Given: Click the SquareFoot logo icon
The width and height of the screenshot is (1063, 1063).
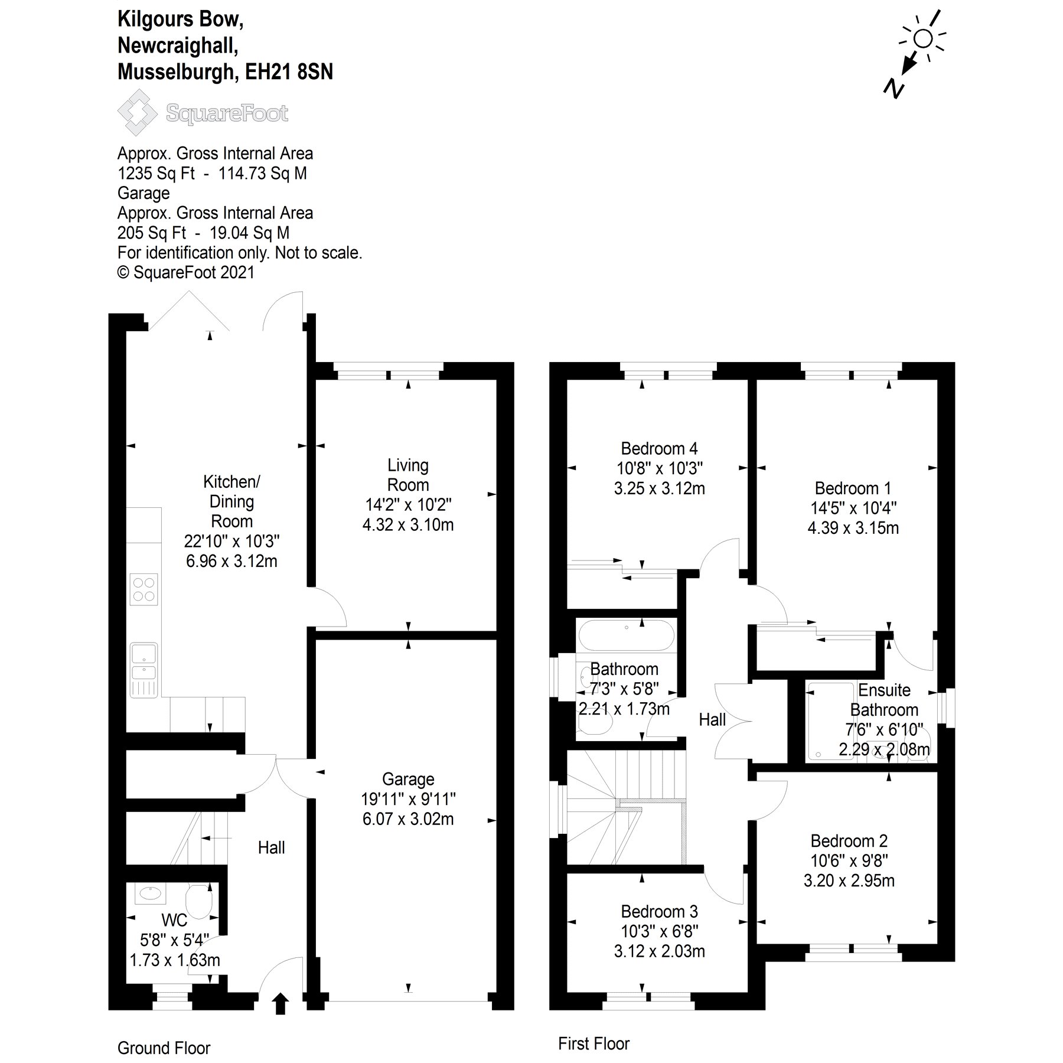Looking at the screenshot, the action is pyautogui.click(x=137, y=112).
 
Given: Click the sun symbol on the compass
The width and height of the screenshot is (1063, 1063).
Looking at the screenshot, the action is pyautogui.click(x=922, y=39).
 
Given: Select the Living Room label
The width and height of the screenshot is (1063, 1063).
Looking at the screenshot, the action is pyautogui.click(x=407, y=475).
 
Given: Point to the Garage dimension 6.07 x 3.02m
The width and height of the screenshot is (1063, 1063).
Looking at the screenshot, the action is pyautogui.click(x=408, y=819).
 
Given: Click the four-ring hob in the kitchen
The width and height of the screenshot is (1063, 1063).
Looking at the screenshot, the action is pyautogui.click(x=144, y=589).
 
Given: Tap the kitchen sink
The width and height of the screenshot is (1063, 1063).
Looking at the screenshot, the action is pyautogui.click(x=144, y=661).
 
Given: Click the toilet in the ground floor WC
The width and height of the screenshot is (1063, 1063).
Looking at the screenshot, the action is pyautogui.click(x=199, y=902).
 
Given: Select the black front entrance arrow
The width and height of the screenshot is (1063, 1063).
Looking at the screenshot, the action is pyautogui.click(x=281, y=1003).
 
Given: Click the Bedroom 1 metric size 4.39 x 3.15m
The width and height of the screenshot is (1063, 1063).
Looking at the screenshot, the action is pyautogui.click(x=853, y=528).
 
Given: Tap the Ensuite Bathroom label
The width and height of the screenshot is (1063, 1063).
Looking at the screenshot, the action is pyautogui.click(x=884, y=700).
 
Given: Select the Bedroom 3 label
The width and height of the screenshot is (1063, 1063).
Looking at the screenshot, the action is pyautogui.click(x=659, y=911).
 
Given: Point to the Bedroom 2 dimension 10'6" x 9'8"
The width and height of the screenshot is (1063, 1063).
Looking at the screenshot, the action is pyautogui.click(x=849, y=860).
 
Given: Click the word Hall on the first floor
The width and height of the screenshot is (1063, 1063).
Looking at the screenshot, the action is pyautogui.click(x=712, y=719).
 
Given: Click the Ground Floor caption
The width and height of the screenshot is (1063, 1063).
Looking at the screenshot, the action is pyautogui.click(x=164, y=1048).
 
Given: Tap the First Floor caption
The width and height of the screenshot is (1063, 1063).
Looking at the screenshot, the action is pyautogui.click(x=594, y=1044).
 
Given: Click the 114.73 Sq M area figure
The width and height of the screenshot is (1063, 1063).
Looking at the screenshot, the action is pyautogui.click(x=263, y=174).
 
